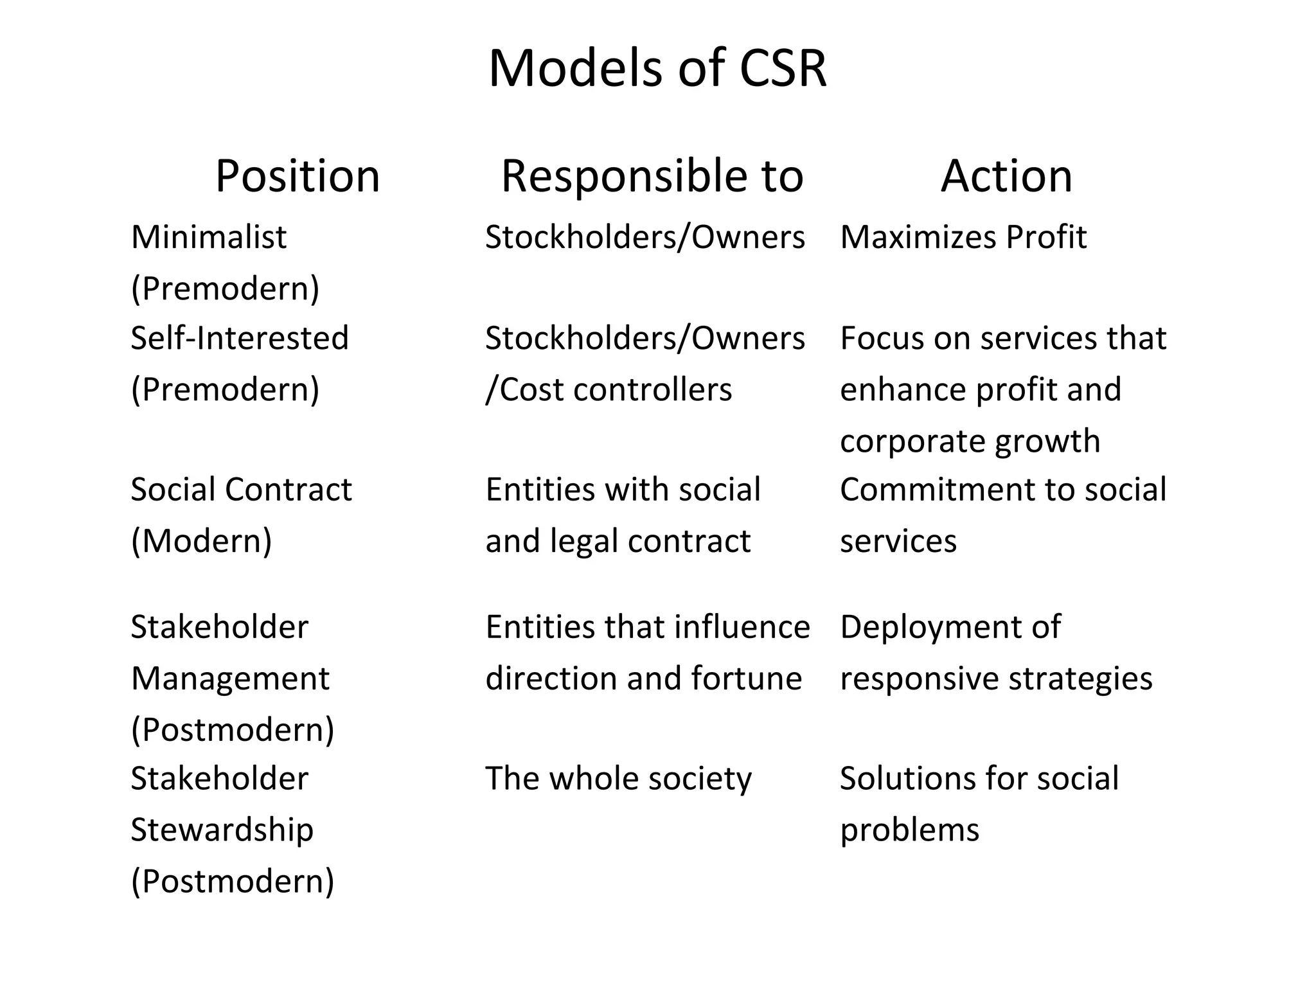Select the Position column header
(x=298, y=175)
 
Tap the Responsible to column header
(x=652, y=175)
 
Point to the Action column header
(x=1006, y=175)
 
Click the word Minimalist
(x=209, y=237)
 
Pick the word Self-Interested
(x=240, y=338)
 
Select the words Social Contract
(x=242, y=490)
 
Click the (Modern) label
(x=202, y=541)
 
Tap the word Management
(x=230, y=679)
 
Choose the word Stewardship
(x=222, y=830)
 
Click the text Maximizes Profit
(x=963, y=237)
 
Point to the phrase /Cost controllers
(x=609, y=389)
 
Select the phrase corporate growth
(x=970, y=441)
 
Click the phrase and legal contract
(x=618, y=541)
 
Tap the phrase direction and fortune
(x=644, y=679)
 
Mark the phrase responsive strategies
(x=996, y=679)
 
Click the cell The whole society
(x=618, y=778)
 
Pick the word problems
(x=910, y=830)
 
